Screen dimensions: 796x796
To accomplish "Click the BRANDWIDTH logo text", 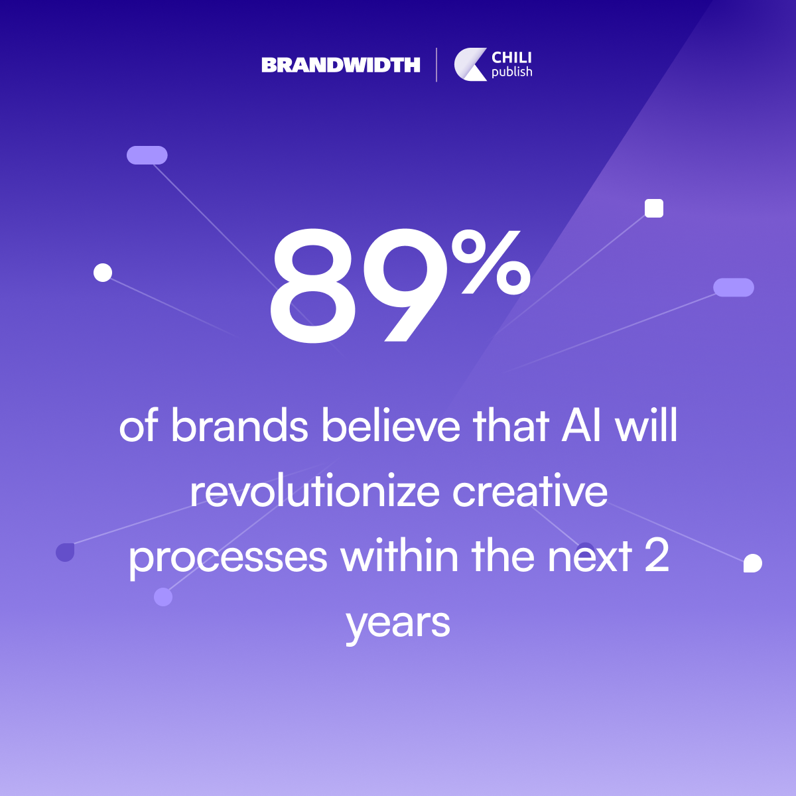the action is click(341, 65).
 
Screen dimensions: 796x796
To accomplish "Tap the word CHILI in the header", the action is click(511, 58).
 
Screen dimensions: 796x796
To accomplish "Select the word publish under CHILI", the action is click(512, 72).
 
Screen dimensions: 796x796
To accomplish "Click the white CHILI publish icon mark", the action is click(470, 64).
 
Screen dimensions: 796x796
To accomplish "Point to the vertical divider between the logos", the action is click(436, 65).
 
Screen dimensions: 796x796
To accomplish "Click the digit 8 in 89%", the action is click(312, 287).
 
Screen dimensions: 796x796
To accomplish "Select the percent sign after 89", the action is click(491, 262).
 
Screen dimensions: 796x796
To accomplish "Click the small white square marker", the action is click(654, 208).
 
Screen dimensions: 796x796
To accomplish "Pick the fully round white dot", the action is click(103, 273).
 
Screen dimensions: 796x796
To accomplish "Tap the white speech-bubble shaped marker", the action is click(753, 563).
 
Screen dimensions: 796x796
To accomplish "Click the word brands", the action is click(239, 425).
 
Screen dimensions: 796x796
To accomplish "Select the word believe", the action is click(391, 425).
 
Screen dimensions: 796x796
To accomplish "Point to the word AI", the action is click(581, 425).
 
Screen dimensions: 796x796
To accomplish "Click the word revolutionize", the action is click(315, 491).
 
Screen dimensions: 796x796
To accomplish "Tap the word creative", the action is click(530, 491).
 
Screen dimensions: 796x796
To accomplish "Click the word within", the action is click(399, 556).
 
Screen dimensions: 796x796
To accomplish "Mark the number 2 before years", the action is click(657, 556).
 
